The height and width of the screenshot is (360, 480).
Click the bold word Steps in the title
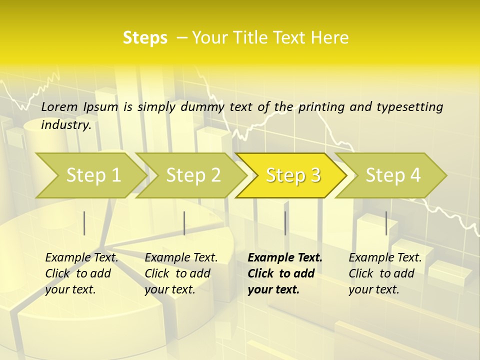(x=145, y=38)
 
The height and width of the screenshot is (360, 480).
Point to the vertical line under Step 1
(x=84, y=223)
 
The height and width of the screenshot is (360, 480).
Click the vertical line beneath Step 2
(x=184, y=223)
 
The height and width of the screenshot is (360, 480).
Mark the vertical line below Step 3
(x=285, y=223)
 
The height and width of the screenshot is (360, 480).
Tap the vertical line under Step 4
(x=386, y=223)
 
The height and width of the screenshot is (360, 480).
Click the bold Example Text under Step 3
(x=285, y=258)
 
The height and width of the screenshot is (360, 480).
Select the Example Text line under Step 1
(x=81, y=258)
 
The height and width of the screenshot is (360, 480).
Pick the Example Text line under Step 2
(x=181, y=258)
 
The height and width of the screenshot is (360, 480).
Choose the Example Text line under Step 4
(x=385, y=258)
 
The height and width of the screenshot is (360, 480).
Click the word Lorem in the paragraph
(x=59, y=107)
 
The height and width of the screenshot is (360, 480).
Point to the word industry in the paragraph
(x=66, y=125)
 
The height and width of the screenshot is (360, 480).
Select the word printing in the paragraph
(x=321, y=107)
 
